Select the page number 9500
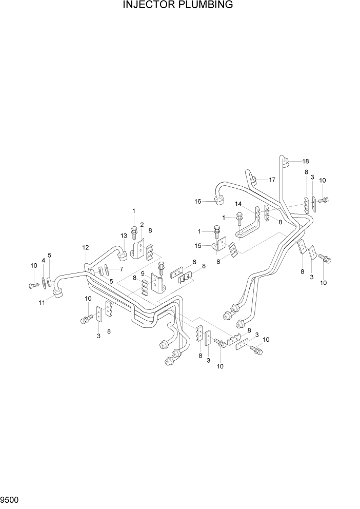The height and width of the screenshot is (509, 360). coord(10,499)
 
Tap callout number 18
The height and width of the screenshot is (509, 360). coord(306,161)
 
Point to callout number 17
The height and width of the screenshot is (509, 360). coord(272,180)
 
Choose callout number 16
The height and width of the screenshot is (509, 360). coord(197,202)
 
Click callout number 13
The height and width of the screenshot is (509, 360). coord(124,236)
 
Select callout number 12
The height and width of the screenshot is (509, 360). coord(86,248)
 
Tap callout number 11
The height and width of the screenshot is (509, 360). coord(42,303)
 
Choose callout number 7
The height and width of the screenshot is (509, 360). coord(121,269)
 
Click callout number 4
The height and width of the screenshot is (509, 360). coord(43,261)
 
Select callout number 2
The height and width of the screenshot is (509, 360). coord(142,225)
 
